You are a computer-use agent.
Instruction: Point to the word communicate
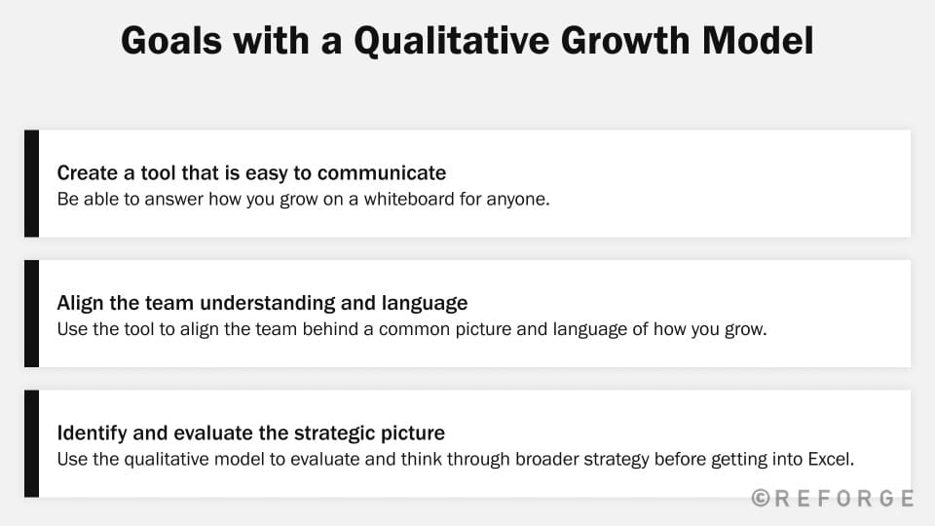pyautogui.click(x=382, y=173)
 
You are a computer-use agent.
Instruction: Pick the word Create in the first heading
pyautogui.click(x=84, y=173)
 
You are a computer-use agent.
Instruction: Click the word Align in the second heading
pyautogui.click(x=79, y=302)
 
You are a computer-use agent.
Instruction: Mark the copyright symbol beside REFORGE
pyautogui.click(x=761, y=499)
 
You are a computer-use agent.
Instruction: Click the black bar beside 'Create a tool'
pyautogui.click(x=31, y=183)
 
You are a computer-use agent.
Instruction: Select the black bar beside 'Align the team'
pyautogui.click(x=31, y=314)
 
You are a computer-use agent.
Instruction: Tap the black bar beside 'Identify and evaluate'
pyautogui.click(x=31, y=443)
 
